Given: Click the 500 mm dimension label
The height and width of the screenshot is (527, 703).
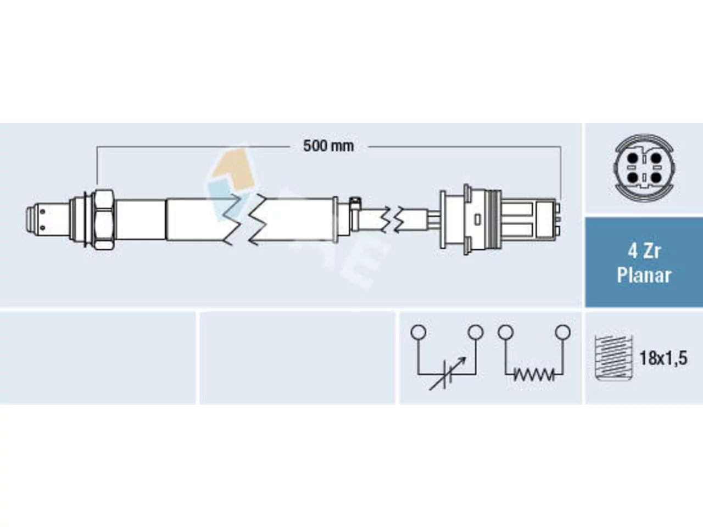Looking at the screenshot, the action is tap(328, 146).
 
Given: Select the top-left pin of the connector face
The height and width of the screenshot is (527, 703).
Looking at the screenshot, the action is tap(633, 158).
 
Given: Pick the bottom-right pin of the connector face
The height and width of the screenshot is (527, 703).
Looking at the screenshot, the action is tap(656, 177).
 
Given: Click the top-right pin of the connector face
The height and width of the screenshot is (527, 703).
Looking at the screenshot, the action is tap(656, 158).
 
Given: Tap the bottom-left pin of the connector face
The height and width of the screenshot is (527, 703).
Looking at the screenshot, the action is tap(633, 177).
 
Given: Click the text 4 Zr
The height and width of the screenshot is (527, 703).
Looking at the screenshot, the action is tap(644, 251).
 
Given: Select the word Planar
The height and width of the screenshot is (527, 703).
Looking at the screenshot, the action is tap(644, 276).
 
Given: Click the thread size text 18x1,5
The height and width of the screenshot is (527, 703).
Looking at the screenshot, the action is tap(663, 358).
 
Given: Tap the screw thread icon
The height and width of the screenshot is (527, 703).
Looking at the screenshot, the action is tap(613, 358).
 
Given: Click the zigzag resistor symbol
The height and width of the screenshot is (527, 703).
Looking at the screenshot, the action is tap(534, 374).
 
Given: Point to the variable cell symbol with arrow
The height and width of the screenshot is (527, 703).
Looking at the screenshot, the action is tap(447, 374).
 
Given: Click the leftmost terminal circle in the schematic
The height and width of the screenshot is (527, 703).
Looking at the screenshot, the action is tap(419, 332).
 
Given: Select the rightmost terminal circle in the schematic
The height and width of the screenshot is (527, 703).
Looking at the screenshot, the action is tap(563, 332).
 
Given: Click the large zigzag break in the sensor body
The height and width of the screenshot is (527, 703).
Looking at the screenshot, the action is tap(245, 220).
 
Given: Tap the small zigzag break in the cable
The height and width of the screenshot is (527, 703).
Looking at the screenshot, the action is tap(393, 219).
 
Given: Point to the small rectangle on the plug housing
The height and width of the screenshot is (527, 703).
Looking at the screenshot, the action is tap(477, 220).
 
